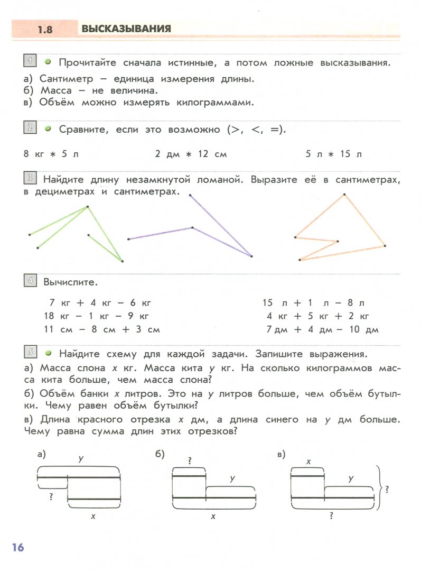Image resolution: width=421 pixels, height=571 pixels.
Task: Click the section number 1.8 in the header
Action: tap(45, 30)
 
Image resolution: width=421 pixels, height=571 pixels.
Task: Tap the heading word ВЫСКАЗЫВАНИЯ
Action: tap(126, 29)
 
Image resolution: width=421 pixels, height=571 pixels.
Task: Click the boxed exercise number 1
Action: tap(30, 61)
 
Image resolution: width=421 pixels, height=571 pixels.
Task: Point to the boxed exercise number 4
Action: tap(30, 280)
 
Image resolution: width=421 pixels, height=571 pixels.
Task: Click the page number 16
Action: tap(16, 547)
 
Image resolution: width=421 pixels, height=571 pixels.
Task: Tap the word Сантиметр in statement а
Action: tap(66, 79)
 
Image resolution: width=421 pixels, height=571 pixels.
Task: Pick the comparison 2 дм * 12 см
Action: tap(191, 154)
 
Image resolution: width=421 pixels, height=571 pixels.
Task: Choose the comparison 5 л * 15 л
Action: tap(334, 154)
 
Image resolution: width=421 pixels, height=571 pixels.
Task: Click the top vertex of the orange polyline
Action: tap(344, 195)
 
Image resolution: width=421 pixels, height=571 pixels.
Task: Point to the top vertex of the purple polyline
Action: tap(190, 195)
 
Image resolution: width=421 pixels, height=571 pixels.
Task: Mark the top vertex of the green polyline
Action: tap(88, 207)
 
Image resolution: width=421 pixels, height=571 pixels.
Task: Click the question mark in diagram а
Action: tap(51, 496)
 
